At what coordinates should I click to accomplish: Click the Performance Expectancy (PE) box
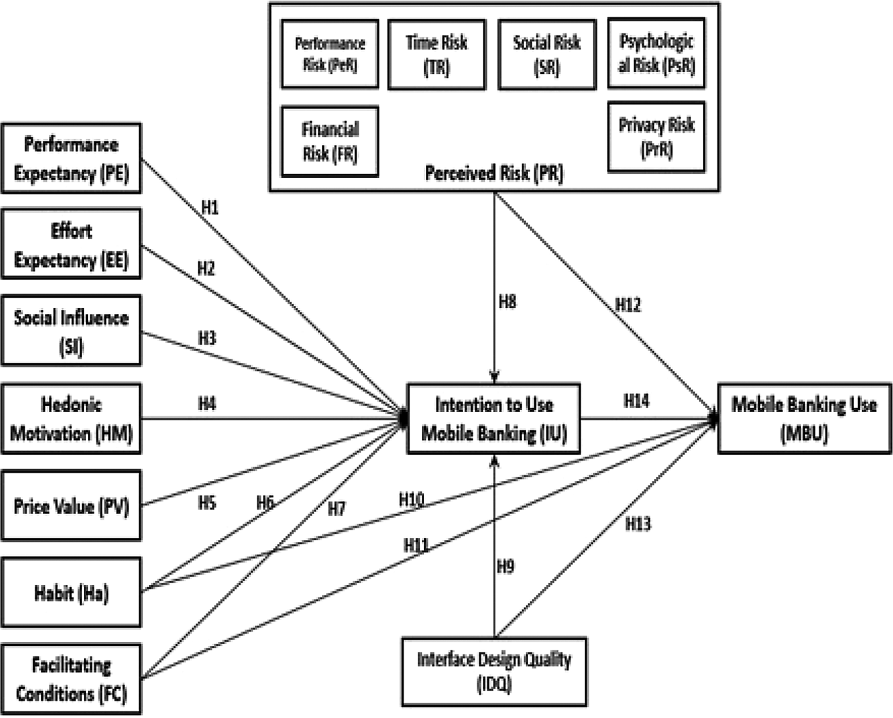(x=71, y=158)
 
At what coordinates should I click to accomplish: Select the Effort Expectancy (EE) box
(x=71, y=245)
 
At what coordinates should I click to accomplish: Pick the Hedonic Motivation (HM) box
(x=71, y=419)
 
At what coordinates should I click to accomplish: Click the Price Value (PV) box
(x=71, y=506)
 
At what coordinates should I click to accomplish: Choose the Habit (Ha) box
(x=71, y=592)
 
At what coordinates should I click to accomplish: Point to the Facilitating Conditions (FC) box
(x=71, y=679)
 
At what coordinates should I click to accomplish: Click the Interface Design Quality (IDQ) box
(x=494, y=671)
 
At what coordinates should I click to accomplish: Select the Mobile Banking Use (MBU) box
(x=804, y=419)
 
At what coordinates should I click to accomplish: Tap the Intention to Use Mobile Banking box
(x=494, y=419)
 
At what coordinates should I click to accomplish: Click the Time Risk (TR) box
(x=436, y=55)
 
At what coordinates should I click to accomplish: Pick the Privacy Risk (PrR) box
(x=656, y=137)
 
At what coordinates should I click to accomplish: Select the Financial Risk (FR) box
(x=330, y=141)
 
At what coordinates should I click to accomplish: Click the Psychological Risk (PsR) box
(x=656, y=53)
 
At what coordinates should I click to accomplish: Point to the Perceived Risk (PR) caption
(x=494, y=173)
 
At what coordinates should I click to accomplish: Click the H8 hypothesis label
(x=507, y=302)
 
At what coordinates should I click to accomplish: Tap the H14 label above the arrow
(x=636, y=401)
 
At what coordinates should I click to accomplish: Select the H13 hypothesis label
(x=638, y=524)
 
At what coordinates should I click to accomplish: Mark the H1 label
(x=210, y=208)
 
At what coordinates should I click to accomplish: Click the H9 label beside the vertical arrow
(x=505, y=566)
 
